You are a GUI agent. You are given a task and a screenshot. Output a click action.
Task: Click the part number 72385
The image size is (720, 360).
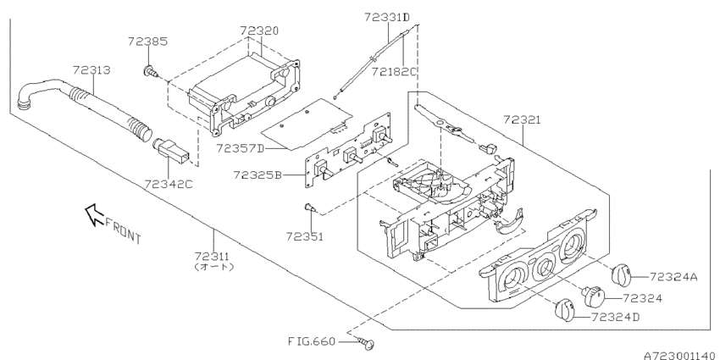pos(148,40)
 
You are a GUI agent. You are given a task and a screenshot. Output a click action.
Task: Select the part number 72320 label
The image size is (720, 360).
pos(259,30)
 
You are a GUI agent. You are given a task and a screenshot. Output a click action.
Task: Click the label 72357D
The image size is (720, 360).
pos(240,147)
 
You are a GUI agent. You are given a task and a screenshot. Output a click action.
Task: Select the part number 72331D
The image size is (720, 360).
pos(387,17)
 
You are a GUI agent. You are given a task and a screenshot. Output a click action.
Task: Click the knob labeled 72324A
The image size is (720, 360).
pos(622,274)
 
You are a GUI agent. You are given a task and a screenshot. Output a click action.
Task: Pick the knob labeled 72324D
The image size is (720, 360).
pos(564,311)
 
